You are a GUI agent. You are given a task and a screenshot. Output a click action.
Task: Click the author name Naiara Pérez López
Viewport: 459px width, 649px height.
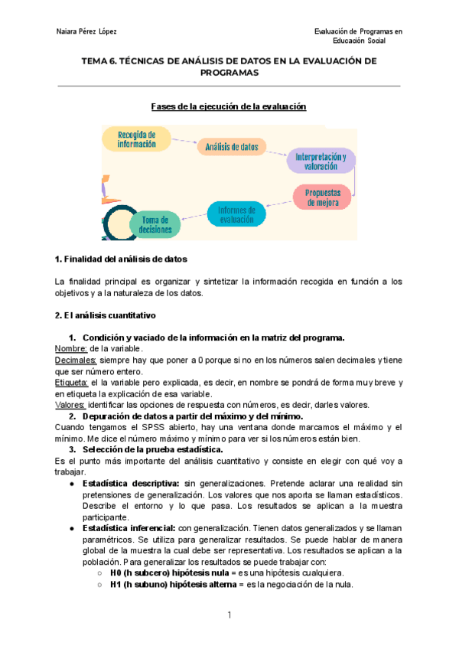[86, 31]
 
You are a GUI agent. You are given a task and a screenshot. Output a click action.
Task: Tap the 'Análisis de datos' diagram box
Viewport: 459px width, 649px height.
[232, 146]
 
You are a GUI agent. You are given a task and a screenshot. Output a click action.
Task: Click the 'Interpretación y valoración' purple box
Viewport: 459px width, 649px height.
[321, 160]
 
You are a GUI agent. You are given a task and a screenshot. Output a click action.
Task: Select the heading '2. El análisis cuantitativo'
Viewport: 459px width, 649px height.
[106, 315]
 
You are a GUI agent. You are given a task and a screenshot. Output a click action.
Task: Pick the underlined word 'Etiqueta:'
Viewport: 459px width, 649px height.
[73, 382]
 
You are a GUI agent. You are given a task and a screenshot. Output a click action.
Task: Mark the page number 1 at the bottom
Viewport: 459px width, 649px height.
[229, 615]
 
